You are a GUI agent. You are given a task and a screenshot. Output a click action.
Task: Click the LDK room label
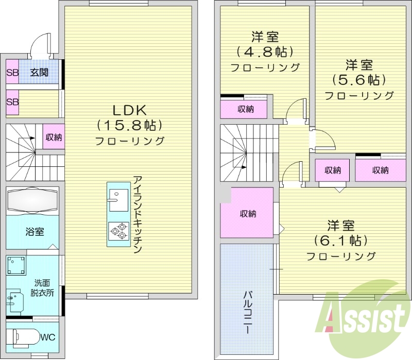click(130, 109)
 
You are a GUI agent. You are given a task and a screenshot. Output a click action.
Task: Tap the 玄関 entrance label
click(38, 73)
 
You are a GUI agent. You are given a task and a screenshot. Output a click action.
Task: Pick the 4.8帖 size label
click(265, 52)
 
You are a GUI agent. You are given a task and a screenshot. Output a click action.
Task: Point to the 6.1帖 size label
click(340, 240)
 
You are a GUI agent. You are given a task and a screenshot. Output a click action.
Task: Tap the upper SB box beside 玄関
click(12, 73)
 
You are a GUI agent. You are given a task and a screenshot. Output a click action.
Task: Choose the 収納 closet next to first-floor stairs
click(54, 137)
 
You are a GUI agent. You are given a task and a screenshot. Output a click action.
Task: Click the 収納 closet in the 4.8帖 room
click(245, 109)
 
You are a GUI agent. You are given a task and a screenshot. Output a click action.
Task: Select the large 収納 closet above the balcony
click(247, 213)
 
